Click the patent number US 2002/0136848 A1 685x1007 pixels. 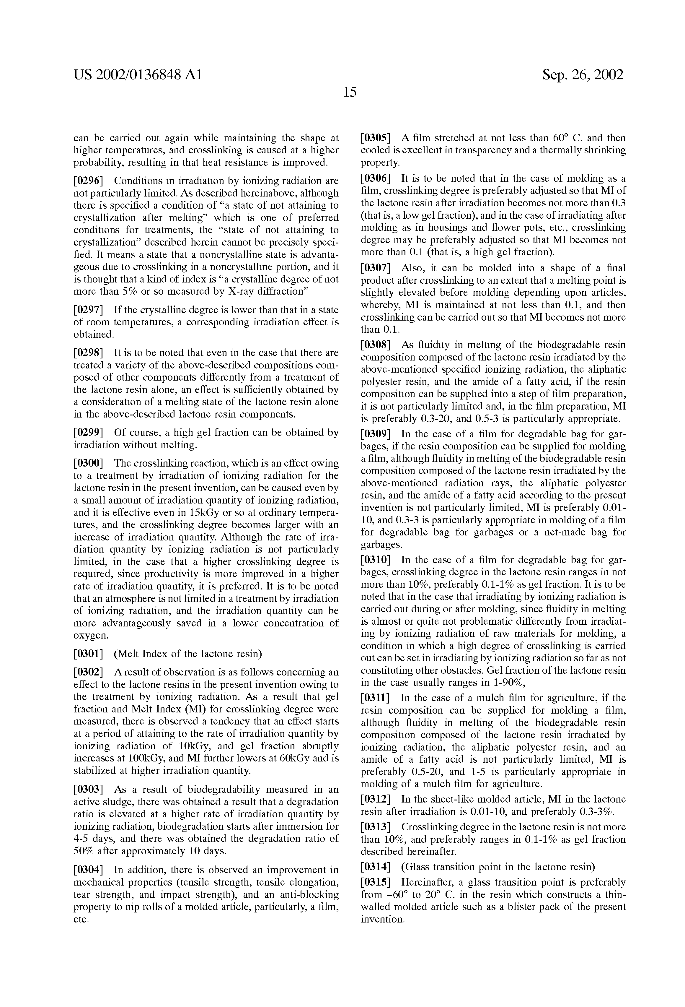[138, 75]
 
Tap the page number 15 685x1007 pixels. [349, 92]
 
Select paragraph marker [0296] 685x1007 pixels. [88, 181]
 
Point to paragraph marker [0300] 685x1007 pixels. [88, 463]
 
